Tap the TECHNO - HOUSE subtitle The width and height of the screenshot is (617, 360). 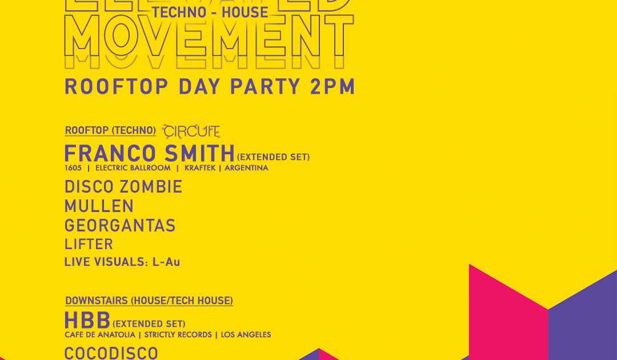click(x=211, y=12)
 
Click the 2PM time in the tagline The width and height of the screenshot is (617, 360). click(x=333, y=86)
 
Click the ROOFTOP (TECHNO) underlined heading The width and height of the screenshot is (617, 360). click(x=110, y=130)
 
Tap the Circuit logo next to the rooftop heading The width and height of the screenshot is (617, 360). click(x=191, y=131)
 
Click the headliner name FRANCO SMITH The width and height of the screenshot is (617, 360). click(x=150, y=154)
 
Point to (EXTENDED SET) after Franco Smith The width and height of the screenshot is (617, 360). click(x=273, y=157)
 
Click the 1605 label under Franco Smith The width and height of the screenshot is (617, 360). click(x=73, y=168)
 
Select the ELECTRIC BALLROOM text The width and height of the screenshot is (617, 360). click(x=133, y=168)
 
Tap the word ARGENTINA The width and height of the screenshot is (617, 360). click(x=246, y=168)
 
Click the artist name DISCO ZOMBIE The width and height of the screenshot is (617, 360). click(x=123, y=187)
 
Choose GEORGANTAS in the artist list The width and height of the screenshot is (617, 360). click(x=120, y=226)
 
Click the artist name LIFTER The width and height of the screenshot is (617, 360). click(x=89, y=245)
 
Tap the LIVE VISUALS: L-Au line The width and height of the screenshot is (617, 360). click(x=122, y=262)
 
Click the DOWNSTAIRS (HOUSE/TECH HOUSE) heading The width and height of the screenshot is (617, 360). click(x=149, y=301)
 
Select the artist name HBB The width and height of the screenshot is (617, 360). click(x=87, y=321)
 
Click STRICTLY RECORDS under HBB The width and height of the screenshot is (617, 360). click(x=178, y=335)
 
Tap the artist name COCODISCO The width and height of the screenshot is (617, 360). click(x=111, y=353)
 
